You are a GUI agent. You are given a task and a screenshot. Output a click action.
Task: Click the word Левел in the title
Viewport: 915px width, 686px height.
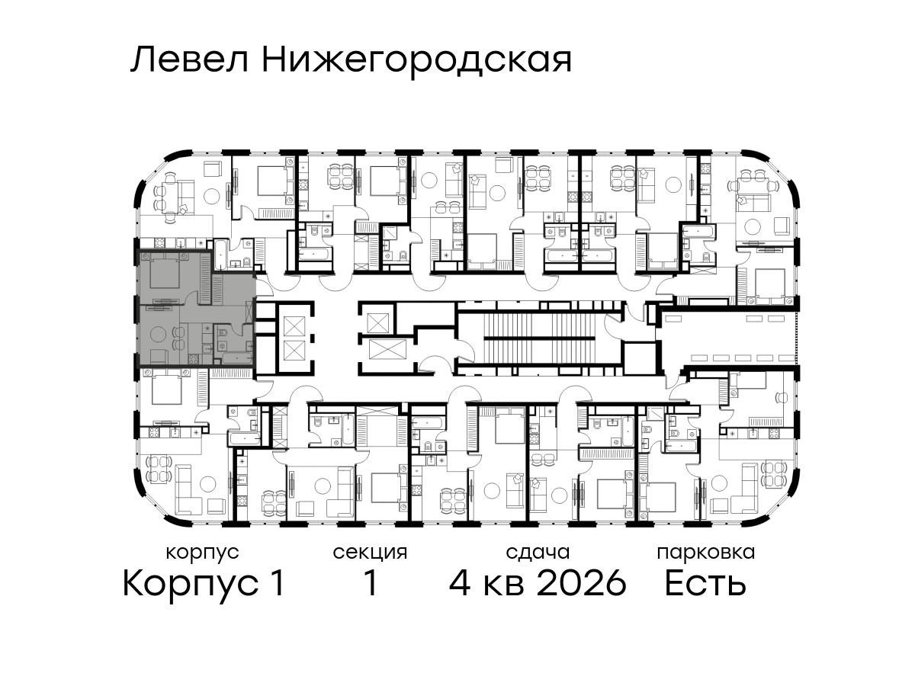(190, 61)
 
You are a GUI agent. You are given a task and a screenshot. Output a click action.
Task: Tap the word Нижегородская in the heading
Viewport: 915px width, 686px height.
(417, 63)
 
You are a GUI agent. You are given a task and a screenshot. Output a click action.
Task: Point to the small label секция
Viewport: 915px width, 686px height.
(370, 553)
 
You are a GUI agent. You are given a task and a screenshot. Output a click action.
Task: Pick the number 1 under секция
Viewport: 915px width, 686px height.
(371, 583)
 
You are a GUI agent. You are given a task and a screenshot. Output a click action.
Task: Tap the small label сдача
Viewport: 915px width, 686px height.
(538, 553)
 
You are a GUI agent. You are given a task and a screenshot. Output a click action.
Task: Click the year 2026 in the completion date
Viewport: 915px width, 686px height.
(582, 583)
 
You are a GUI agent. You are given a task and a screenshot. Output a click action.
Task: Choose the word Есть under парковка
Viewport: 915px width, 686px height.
(705, 583)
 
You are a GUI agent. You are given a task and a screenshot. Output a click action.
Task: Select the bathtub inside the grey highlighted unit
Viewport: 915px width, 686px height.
(237, 357)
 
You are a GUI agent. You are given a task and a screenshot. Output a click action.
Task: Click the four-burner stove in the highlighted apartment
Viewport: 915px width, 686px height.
(194, 358)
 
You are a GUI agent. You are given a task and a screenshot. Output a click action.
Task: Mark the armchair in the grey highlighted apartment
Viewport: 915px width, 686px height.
(159, 357)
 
